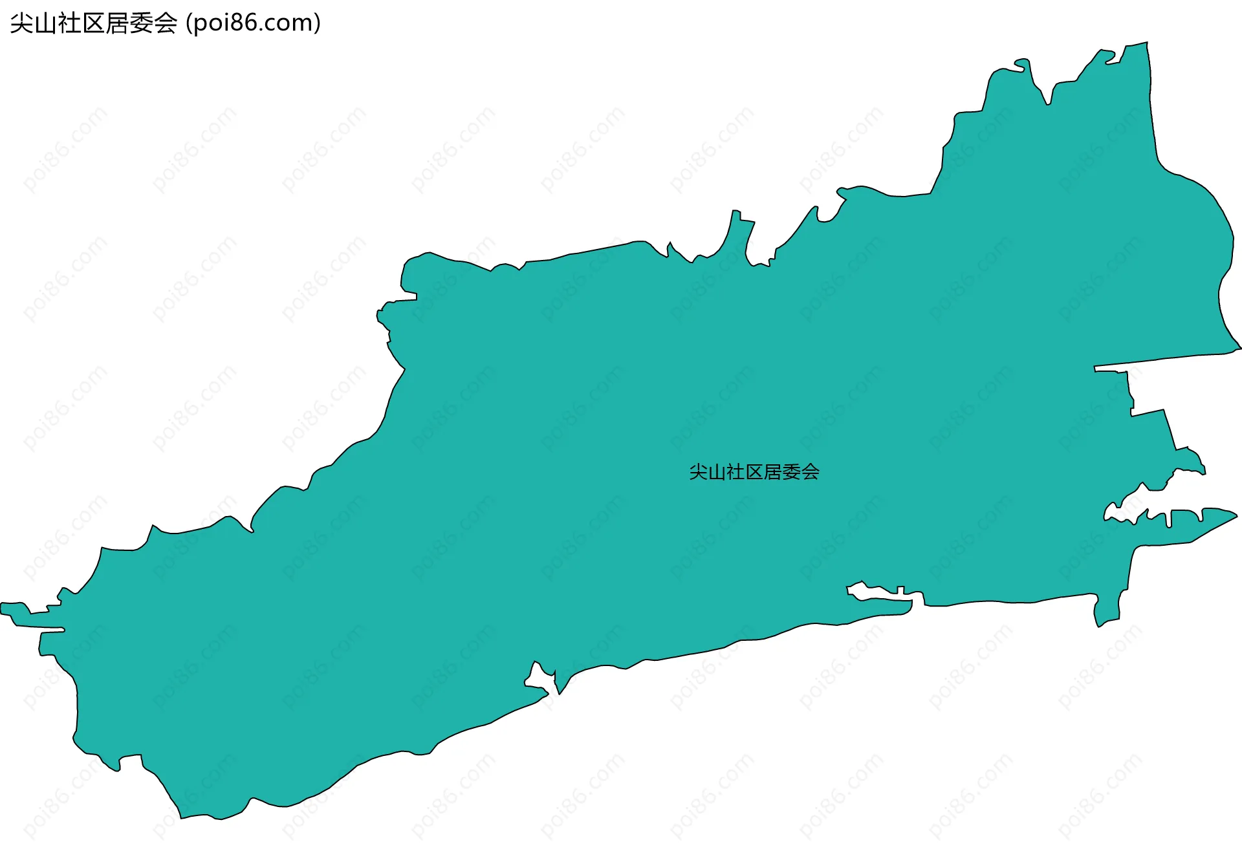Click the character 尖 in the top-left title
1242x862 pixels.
[x=21, y=23]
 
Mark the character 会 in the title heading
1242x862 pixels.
[x=165, y=23]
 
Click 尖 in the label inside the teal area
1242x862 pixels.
[x=699, y=472]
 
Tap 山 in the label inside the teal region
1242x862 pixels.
[x=717, y=472]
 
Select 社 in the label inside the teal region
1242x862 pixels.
[x=735, y=472]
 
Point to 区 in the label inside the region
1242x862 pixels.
[x=754, y=472]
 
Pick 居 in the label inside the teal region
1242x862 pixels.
[x=773, y=472]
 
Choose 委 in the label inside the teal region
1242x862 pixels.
[x=792, y=472]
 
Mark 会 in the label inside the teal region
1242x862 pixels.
[x=811, y=472]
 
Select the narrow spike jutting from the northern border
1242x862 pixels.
[x=737, y=223]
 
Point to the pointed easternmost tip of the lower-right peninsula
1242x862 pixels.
[x=1236, y=516]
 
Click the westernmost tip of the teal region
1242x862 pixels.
[x=3, y=608]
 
